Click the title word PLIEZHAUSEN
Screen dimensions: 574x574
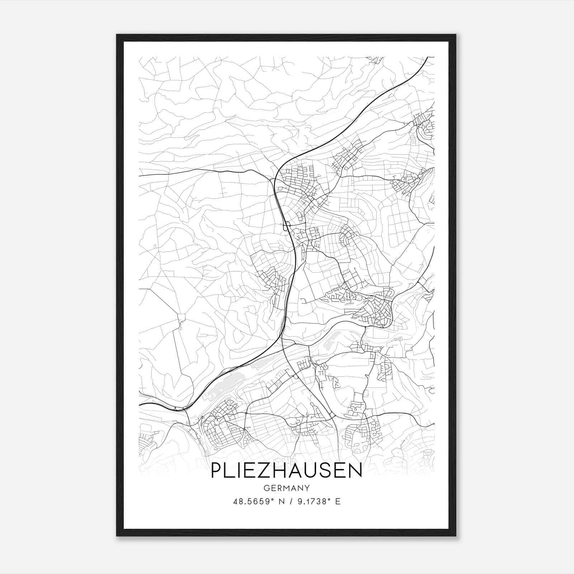tap(286, 470)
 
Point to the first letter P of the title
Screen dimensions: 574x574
tap(216, 470)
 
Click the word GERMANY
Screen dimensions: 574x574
tap(286, 488)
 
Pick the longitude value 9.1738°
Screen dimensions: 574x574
tap(313, 502)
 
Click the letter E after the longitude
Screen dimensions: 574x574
tap(337, 502)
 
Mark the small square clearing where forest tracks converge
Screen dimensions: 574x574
tap(181, 317)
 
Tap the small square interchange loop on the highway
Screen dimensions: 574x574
tap(287, 227)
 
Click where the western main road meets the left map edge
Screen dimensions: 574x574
tap(140, 176)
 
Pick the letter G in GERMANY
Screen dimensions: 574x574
tap(266, 488)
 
